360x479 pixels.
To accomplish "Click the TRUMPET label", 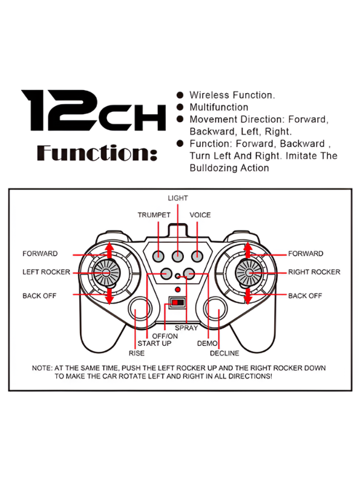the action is [x=154, y=215].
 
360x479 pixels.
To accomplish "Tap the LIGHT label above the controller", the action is [x=178, y=198].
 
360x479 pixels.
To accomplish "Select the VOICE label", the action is [x=200, y=215].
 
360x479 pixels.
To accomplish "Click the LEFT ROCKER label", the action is [x=46, y=272].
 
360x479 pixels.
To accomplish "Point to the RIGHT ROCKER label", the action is [x=314, y=272].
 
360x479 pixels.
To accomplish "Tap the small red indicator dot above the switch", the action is [x=177, y=289].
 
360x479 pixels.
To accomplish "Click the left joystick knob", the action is [x=106, y=273].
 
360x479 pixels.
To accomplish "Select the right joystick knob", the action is [x=248, y=272].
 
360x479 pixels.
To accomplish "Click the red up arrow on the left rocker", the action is [x=109, y=250].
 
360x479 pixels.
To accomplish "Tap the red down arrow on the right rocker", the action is [x=248, y=296].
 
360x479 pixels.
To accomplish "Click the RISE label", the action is [x=137, y=353].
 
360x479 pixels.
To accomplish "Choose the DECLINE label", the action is [x=224, y=353].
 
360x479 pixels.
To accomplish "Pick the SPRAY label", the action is [x=186, y=328].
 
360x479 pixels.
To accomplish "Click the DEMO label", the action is [x=207, y=344].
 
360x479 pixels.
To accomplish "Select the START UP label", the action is [x=154, y=344].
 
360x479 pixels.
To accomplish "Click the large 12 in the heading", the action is [x=59, y=110].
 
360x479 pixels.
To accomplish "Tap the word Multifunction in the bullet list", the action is [x=219, y=107].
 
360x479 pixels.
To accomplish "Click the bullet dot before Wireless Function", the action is [x=180, y=95].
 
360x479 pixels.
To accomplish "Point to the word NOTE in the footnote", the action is [x=41, y=368].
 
